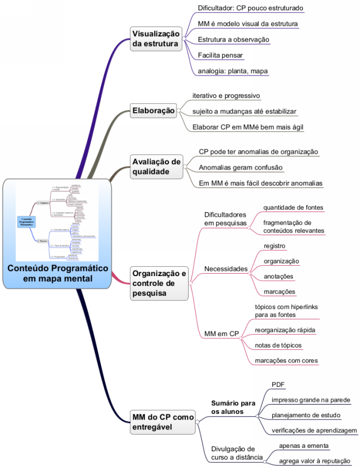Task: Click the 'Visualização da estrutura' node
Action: (x=156, y=39)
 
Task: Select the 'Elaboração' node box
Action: (x=153, y=110)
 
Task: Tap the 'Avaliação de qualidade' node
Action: (x=156, y=166)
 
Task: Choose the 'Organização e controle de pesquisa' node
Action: (x=159, y=283)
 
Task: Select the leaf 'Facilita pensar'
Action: (x=220, y=55)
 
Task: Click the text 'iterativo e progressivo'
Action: (x=226, y=95)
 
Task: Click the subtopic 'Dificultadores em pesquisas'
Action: (x=225, y=218)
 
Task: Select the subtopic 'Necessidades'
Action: (x=226, y=269)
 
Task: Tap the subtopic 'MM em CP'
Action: (x=222, y=333)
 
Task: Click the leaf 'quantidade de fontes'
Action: (x=293, y=207)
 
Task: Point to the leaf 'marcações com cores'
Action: (x=286, y=361)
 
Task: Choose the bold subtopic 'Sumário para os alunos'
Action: (x=232, y=407)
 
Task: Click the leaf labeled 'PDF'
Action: (x=278, y=384)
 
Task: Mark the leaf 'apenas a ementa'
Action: (x=304, y=446)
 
